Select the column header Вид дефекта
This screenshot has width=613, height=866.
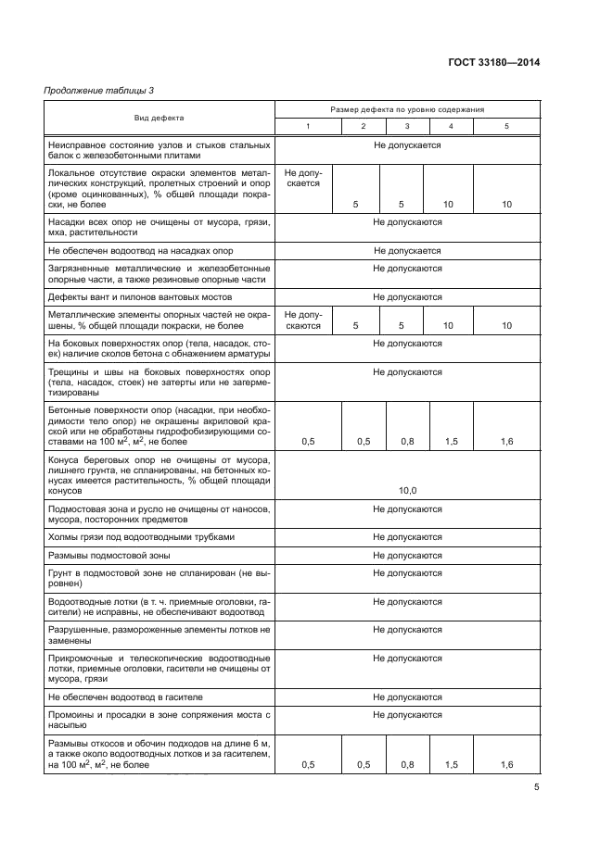point(159,118)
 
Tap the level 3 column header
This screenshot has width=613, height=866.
point(406,126)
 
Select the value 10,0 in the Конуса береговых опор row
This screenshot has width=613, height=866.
point(406,491)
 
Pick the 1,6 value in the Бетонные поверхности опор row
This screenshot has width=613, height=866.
point(506,442)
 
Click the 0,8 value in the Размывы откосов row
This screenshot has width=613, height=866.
point(406,764)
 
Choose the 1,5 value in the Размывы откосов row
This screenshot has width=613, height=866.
point(451,764)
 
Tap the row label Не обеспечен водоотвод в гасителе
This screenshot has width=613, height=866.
point(125,697)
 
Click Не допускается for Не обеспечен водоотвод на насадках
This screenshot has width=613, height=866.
point(406,251)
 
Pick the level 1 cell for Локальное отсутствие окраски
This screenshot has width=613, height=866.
point(301,178)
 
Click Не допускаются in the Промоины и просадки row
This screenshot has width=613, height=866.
point(406,715)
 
